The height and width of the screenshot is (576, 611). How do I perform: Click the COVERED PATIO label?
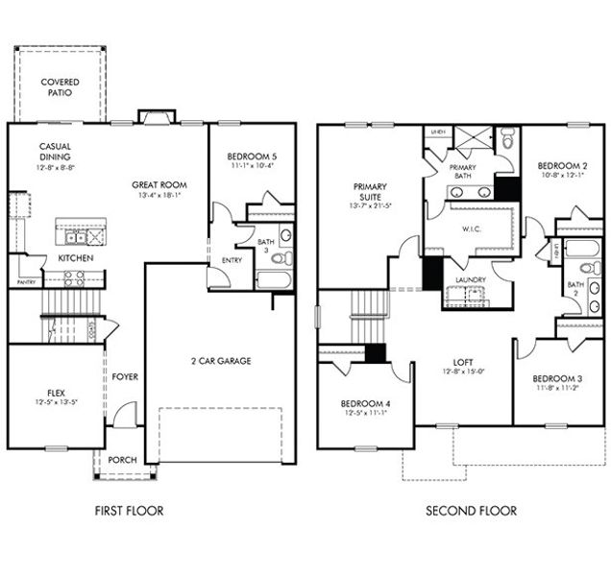pyautogui.click(x=60, y=88)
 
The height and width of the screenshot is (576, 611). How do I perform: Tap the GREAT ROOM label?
pyautogui.click(x=159, y=185)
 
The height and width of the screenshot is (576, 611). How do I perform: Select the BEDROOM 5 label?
pyautogui.click(x=251, y=156)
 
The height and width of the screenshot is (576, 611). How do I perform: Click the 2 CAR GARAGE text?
pyautogui.click(x=220, y=361)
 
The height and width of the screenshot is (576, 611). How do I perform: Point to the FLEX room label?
pyautogui.click(x=56, y=393)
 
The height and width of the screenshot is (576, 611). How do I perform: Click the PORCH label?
pyautogui.click(x=123, y=459)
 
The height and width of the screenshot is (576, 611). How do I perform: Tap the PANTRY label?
pyautogui.click(x=26, y=282)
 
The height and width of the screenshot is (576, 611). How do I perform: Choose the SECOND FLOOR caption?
pyautogui.click(x=471, y=511)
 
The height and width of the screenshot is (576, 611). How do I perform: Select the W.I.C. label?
pyautogui.click(x=471, y=228)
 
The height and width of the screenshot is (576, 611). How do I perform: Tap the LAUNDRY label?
pyautogui.click(x=471, y=280)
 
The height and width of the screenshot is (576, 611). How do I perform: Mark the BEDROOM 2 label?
pyautogui.click(x=562, y=164)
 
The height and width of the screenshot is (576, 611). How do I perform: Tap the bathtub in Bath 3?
pyautogui.click(x=275, y=280)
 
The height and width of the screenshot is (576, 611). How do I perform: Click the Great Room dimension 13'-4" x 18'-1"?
pyautogui.click(x=159, y=195)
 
